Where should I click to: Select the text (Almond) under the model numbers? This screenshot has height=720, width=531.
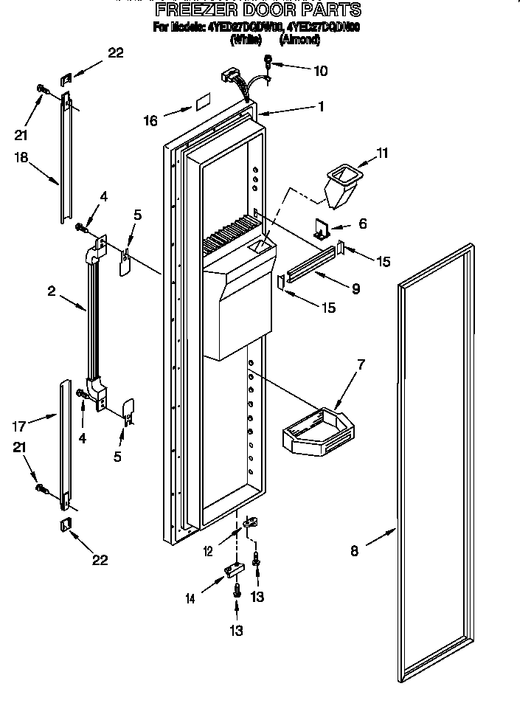click(304, 41)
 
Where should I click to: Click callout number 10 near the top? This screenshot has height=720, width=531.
click(321, 72)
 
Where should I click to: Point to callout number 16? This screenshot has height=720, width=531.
click(151, 120)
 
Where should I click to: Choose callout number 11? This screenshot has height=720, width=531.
click(382, 153)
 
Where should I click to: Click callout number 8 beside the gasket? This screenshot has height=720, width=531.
click(355, 550)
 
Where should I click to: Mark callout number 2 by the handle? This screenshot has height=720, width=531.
click(52, 291)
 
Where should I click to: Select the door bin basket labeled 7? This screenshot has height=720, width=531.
click(319, 433)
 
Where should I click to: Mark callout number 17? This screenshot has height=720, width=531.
click(18, 426)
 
